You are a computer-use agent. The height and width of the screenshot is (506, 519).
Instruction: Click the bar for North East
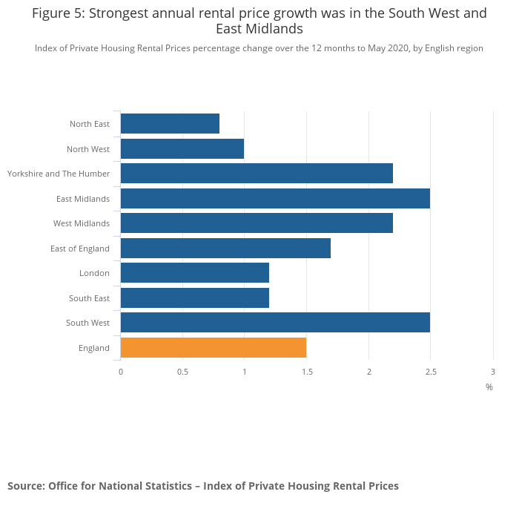170,124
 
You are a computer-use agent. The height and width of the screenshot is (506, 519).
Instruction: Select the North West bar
182,149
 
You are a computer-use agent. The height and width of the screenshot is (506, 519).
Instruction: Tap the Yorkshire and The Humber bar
257,174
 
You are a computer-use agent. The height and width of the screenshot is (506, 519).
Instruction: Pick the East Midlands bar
275,199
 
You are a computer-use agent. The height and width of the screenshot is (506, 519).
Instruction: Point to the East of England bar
225,249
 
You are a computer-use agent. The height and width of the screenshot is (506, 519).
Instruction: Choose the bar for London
194,273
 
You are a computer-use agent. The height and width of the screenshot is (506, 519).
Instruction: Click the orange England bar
214,348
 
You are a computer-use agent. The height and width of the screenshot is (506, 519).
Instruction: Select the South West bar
275,323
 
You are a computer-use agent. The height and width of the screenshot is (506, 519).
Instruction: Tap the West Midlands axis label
82,223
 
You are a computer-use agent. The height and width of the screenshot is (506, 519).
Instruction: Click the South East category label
90,298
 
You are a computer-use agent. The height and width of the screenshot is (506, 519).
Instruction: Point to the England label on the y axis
94,348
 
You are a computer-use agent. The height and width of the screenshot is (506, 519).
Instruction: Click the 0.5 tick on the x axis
182,371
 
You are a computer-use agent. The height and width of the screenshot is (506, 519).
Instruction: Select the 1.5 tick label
306,371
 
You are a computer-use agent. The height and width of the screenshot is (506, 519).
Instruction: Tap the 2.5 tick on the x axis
430,371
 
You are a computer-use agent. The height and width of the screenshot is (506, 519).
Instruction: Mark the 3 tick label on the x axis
492,371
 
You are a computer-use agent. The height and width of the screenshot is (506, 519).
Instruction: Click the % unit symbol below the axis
489,387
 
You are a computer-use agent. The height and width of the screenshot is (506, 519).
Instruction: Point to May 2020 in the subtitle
389,48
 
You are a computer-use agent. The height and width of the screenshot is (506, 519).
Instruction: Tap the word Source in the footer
25,486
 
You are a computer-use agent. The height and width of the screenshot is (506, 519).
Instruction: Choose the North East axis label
90,124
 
